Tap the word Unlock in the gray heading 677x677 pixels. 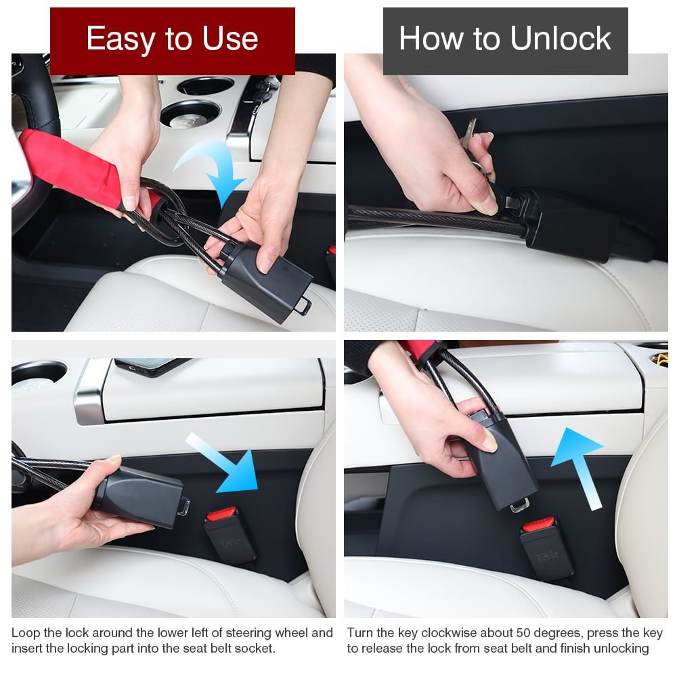[561, 38]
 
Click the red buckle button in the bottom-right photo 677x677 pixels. [538, 525]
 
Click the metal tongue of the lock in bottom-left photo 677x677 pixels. [184, 506]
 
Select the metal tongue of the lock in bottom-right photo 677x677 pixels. [519, 505]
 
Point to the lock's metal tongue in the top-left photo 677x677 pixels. [303, 306]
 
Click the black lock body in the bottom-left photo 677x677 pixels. [138, 496]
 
